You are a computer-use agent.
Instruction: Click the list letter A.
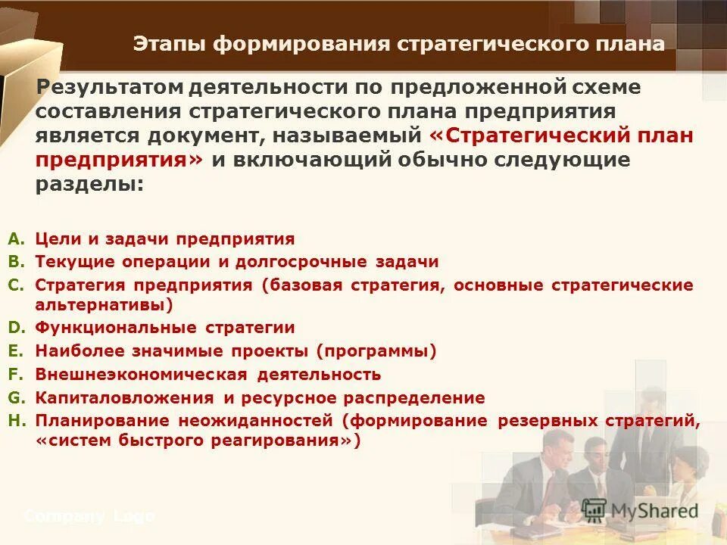coord(16,239)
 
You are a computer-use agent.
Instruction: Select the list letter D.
coord(16,328)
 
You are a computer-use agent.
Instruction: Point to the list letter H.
coord(16,419)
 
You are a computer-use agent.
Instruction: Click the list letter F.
coord(16,374)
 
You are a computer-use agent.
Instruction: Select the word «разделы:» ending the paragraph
coord(89,185)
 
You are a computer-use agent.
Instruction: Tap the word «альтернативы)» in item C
coord(104,306)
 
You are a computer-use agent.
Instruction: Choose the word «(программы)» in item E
coord(376,351)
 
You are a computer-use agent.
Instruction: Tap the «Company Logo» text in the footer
coord(89,517)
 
